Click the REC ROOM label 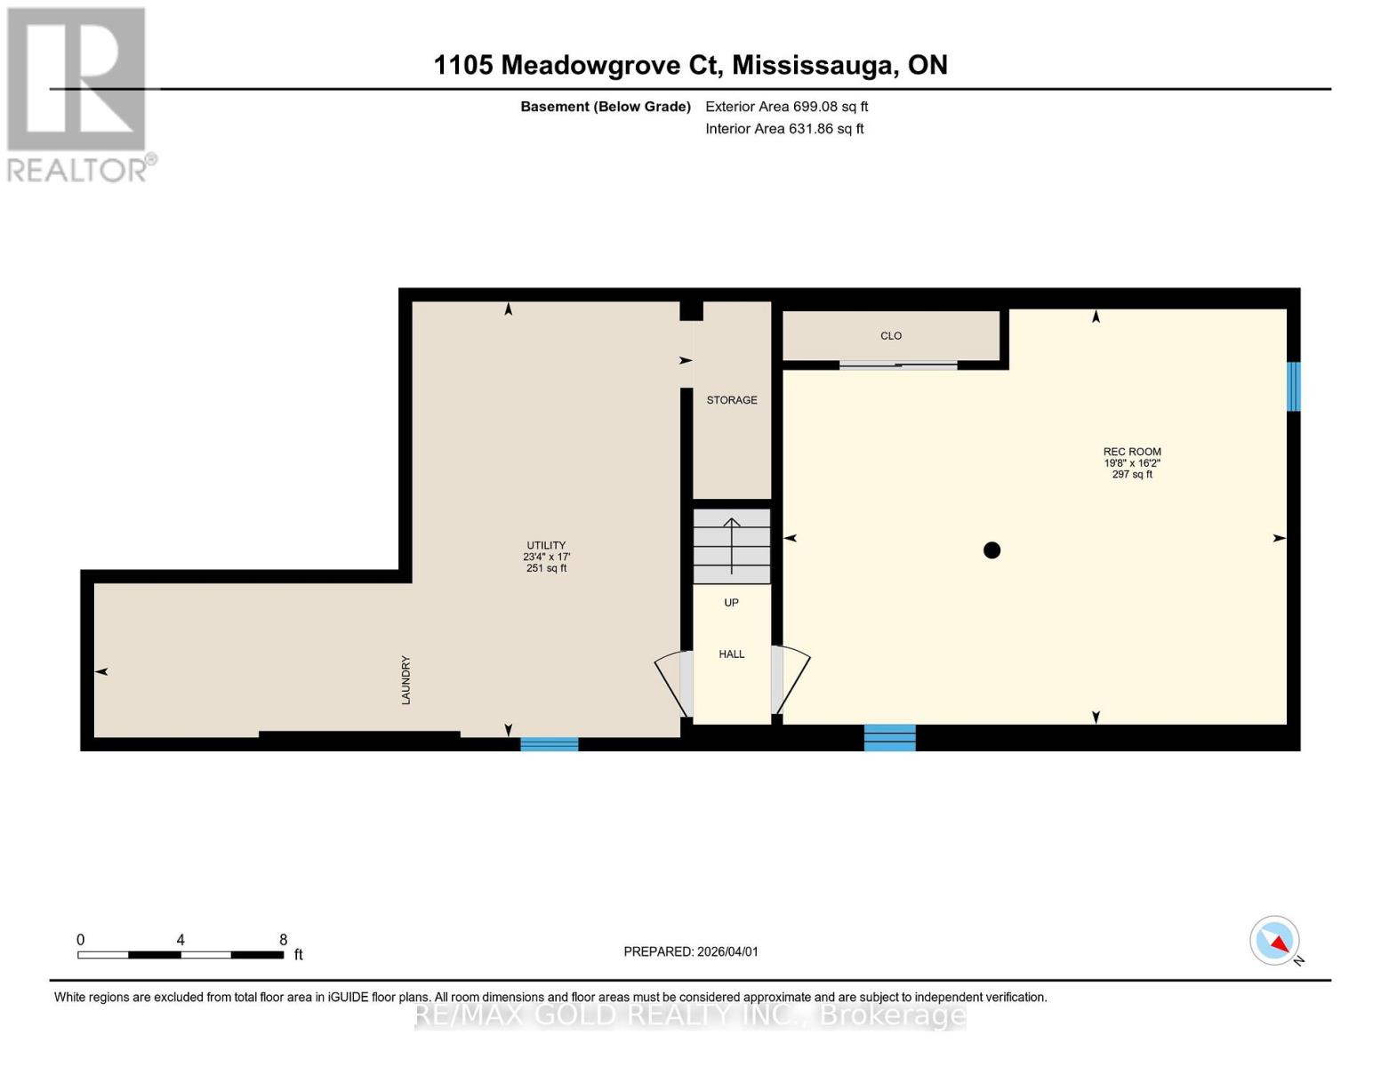pyautogui.click(x=1132, y=452)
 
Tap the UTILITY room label pyautogui.click(x=546, y=546)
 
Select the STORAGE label pyautogui.click(x=732, y=400)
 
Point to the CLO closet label pyautogui.click(x=891, y=336)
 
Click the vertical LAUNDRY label pyautogui.click(x=405, y=680)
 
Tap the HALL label pyautogui.click(x=732, y=654)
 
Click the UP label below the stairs pyautogui.click(x=731, y=603)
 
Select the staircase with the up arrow pyautogui.click(x=732, y=546)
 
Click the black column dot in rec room pyautogui.click(x=992, y=550)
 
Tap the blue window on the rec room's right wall pyautogui.click(x=1294, y=386)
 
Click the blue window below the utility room pyautogui.click(x=549, y=744)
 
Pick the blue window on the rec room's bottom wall pyautogui.click(x=889, y=738)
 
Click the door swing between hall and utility pyautogui.click(x=673, y=683)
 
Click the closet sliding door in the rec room pyautogui.click(x=898, y=365)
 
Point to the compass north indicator pyautogui.click(x=1275, y=941)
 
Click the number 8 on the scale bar pyautogui.click(x=284, y=940)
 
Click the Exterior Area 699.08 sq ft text pyautogui.click(x=786, y=107)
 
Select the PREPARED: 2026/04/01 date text pyautogui.click(x=691, y=951)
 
